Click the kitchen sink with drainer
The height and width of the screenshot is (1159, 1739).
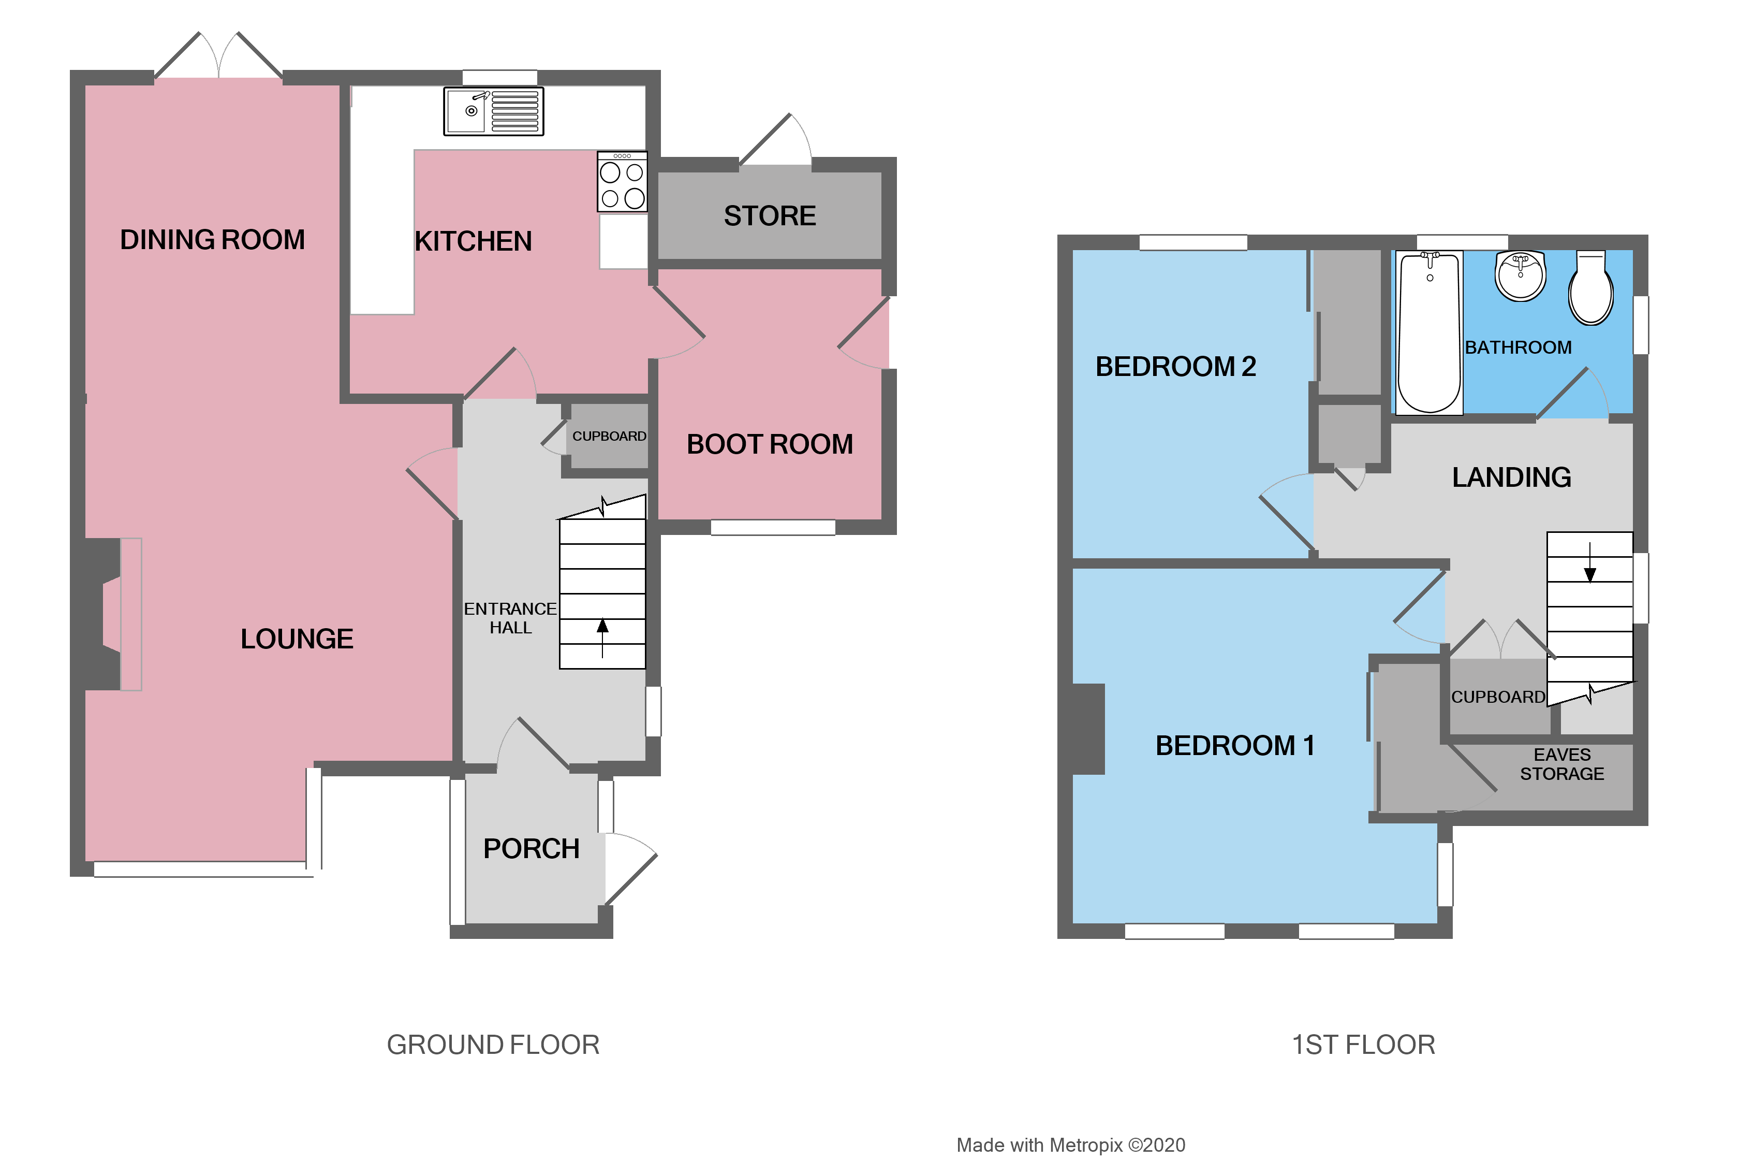493,112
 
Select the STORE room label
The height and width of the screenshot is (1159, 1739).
769,216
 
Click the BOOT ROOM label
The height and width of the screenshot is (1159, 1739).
769,444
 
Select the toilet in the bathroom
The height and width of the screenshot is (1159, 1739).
1590,290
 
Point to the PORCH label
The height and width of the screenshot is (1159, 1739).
530,849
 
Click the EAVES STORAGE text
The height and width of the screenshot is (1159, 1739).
1561,764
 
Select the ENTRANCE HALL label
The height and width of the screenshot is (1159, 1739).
510,618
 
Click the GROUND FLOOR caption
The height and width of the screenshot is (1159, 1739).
493,1045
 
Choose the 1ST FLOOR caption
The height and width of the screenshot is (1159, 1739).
1362,1045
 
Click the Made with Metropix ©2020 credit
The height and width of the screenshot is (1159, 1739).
1070,1145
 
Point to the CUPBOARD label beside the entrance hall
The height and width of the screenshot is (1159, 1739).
609,436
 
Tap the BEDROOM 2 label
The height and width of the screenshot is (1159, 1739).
1174,367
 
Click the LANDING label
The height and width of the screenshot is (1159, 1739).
1511,477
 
